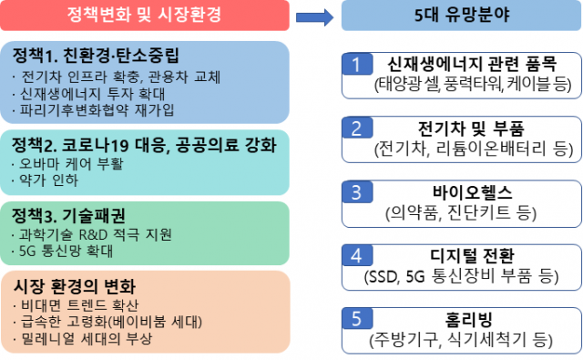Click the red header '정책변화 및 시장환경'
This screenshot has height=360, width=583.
pos(145,15)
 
